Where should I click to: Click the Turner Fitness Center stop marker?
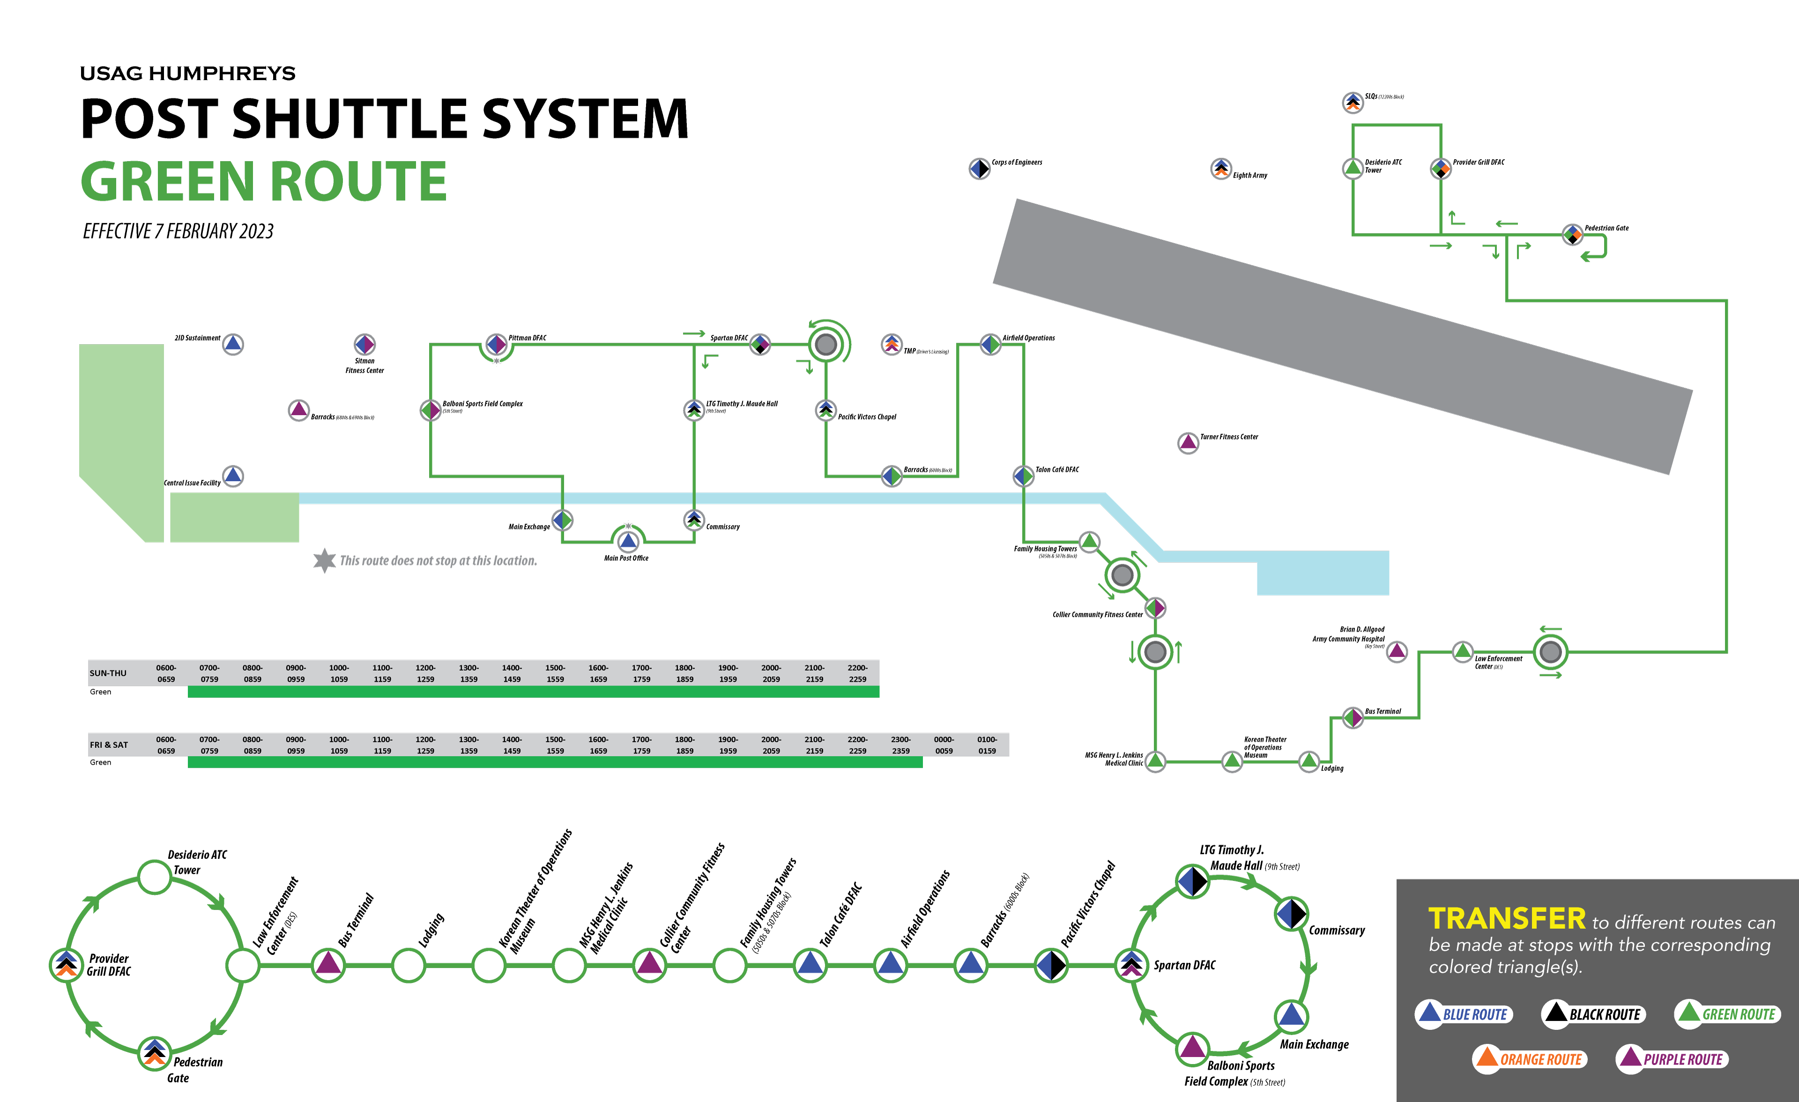1188,442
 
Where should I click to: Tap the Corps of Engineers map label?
1016,163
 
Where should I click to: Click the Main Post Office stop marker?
628,541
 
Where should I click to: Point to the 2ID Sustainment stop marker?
233,344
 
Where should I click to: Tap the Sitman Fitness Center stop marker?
364,344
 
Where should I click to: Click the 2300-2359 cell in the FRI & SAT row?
901,745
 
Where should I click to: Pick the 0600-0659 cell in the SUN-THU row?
166,673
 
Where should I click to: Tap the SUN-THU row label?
108,673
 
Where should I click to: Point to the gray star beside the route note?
324,561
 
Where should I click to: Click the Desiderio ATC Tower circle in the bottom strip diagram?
155,876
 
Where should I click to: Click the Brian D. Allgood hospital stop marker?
1397,651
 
